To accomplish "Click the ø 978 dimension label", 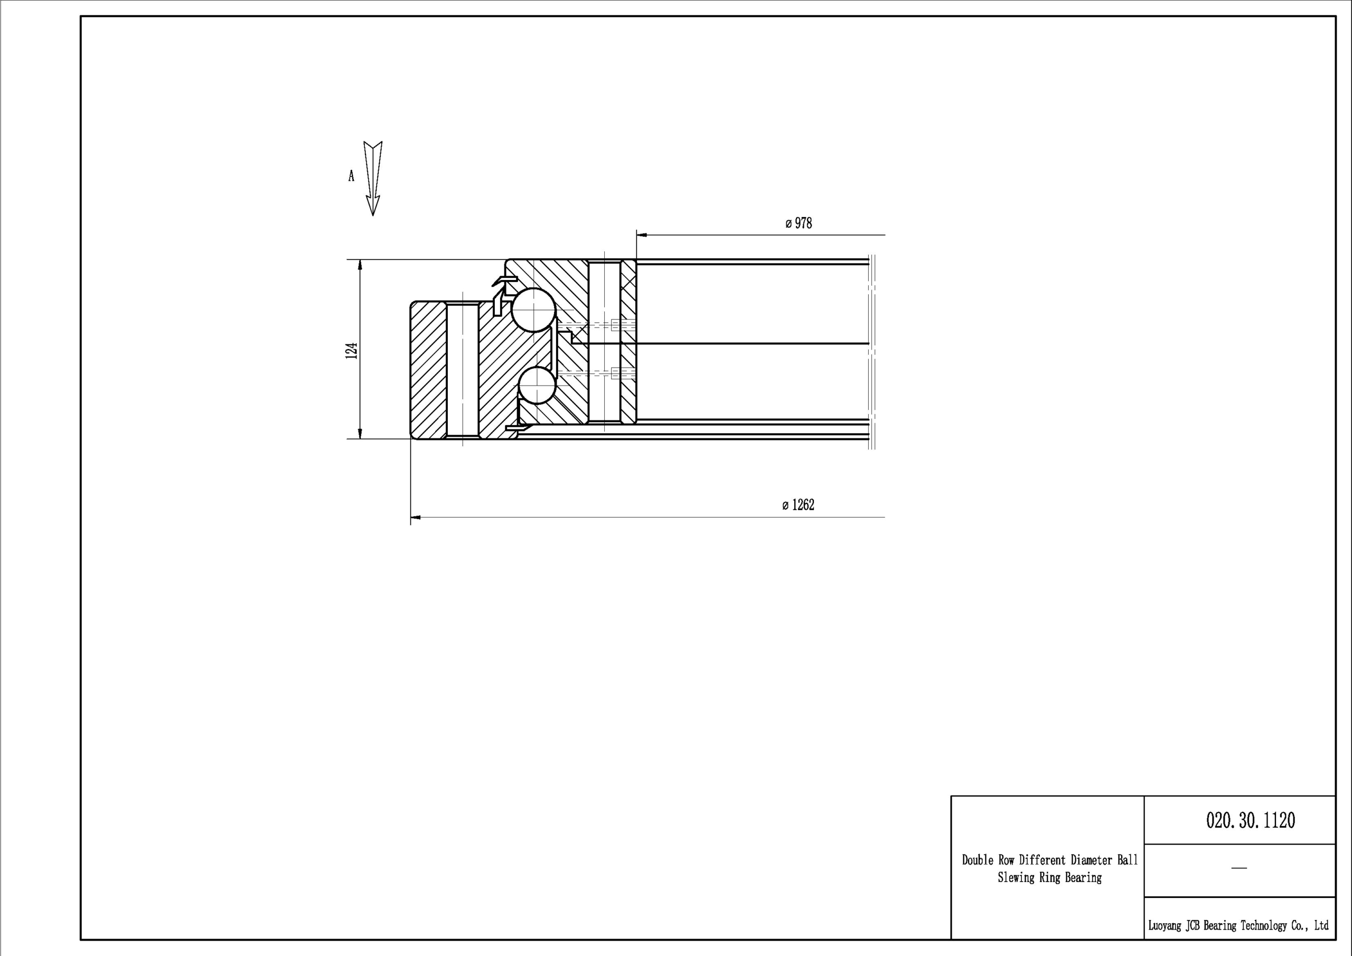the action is pos(799,223).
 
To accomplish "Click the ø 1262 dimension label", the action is pos(798,505).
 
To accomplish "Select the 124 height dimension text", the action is pos(352,351).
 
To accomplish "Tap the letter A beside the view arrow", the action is pos(352,175).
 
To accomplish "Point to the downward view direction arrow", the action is pos(373,179).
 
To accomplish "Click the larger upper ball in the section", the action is pos(533,310).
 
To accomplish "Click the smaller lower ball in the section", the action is pos(537,385).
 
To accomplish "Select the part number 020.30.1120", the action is pos(1251,820).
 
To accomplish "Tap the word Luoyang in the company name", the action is pos(1164,925).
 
